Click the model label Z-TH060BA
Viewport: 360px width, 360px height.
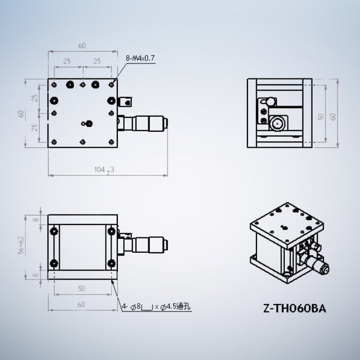(294, 308)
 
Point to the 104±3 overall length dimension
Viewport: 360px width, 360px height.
(103, 170)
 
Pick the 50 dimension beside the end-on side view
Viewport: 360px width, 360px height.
(321, 116)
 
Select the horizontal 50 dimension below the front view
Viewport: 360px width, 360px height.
(82, 289)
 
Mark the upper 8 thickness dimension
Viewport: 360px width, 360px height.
(36, 219)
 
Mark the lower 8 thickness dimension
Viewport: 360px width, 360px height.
(36, 274)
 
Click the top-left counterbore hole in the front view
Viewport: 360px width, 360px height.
(54, 231)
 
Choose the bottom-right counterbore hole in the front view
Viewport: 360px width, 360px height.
(110, 263)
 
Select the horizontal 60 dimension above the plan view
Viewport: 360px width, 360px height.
(82, 46)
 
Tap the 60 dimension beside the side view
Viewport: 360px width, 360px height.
(333, 116)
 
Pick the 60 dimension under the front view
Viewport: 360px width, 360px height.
(82, 305)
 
